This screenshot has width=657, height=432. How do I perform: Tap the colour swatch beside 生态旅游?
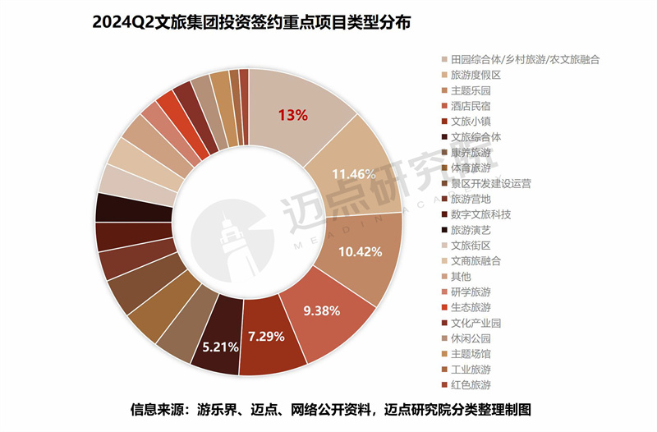(444, 308)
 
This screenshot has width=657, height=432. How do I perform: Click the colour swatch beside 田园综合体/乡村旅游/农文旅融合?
(444, 60)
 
